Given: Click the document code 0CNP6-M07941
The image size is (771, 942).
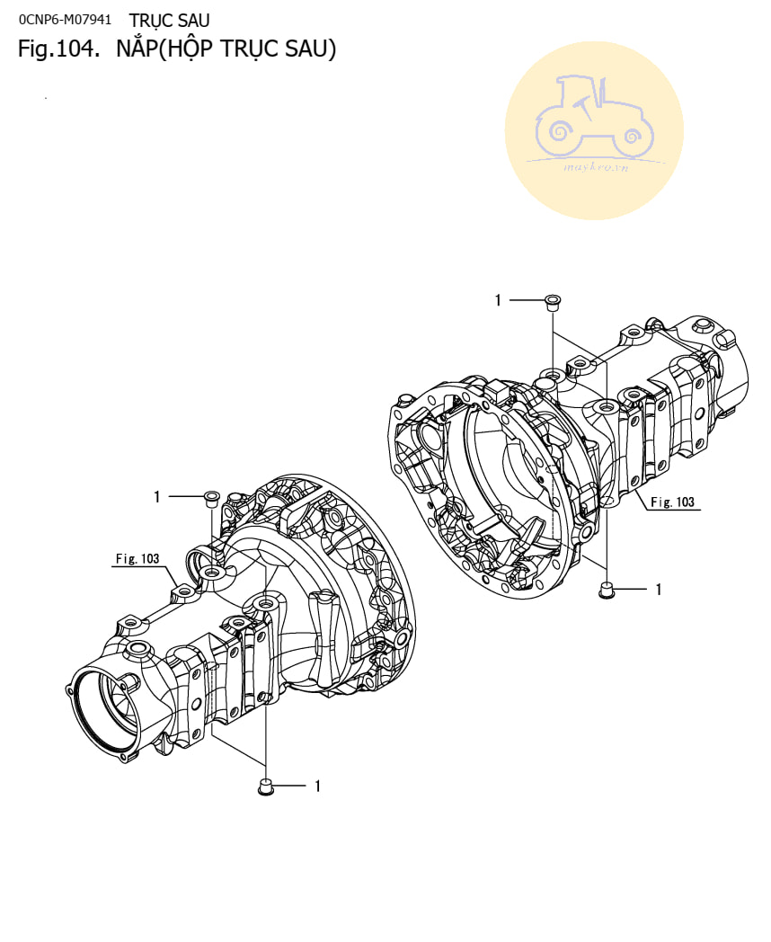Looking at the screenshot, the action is (x=65, y=20).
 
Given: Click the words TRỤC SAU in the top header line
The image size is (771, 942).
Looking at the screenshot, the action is (x=169, y=21).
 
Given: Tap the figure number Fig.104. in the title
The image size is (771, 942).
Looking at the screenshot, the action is (x=58, y=49).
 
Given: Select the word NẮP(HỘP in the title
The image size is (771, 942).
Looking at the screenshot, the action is (x=164, y=49).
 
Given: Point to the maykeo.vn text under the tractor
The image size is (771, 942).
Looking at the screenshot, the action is (x=596, y=167).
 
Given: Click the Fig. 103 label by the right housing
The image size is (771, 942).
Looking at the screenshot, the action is (x=672, y=502).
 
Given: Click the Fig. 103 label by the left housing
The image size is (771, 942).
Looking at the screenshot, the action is (x=137, y=559).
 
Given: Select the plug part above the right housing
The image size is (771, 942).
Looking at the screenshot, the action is (x=552, y=302).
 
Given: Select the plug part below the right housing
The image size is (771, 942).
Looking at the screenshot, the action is (x=607, y=590).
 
